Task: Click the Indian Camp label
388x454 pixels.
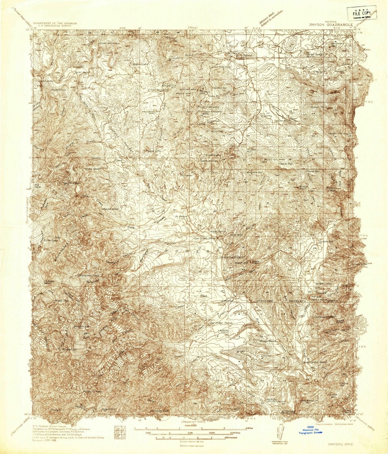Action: (x=322, y=283)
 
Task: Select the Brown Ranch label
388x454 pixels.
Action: (x=268, y=340)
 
